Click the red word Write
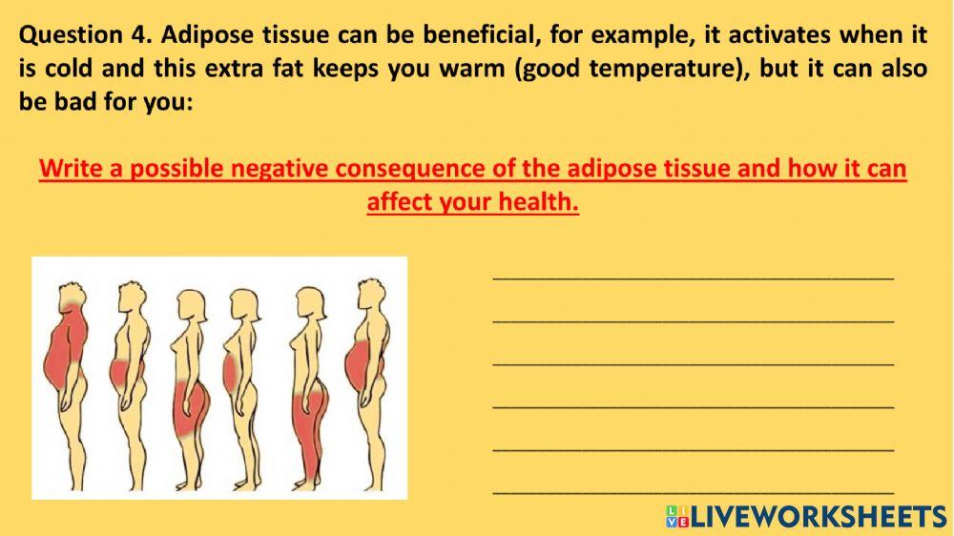(x=69, y=170)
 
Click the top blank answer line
(x=693, y=278)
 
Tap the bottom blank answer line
(x=693, y=492)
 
